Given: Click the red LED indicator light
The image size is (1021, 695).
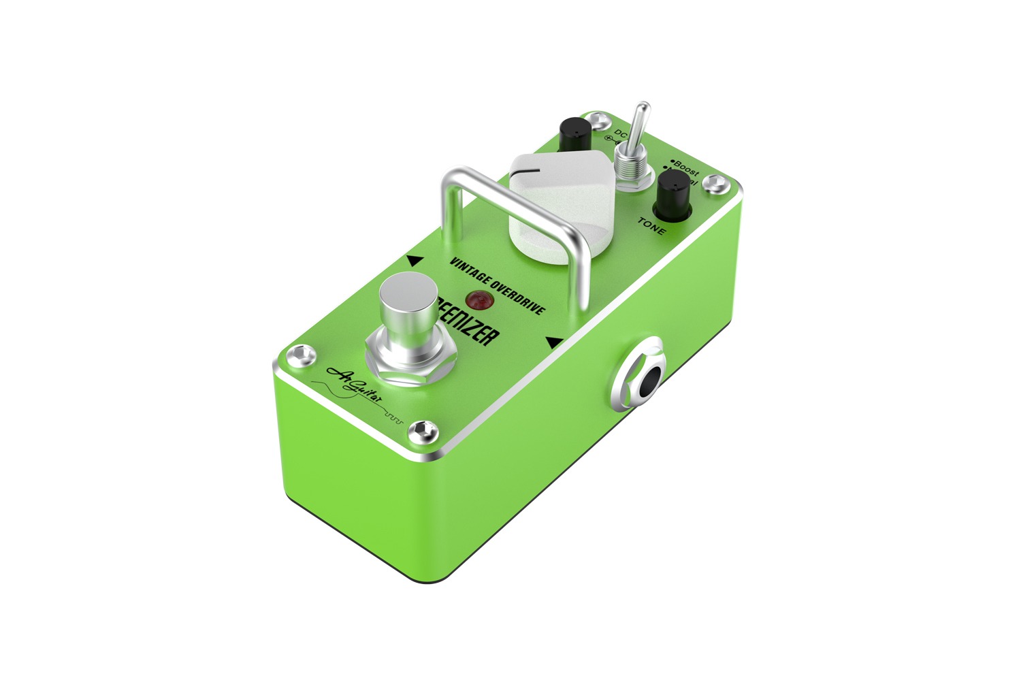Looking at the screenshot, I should [478, 299].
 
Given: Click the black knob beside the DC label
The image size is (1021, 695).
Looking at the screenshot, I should [574, 133].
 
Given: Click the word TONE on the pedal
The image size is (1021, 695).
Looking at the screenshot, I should [652, 226].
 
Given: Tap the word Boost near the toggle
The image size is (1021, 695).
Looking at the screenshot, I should [685, 169].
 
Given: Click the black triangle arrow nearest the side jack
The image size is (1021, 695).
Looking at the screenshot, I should [555, 342].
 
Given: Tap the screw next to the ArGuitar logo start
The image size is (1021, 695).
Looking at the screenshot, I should [299, 355].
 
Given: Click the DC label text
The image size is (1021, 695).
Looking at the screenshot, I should [621, 133].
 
